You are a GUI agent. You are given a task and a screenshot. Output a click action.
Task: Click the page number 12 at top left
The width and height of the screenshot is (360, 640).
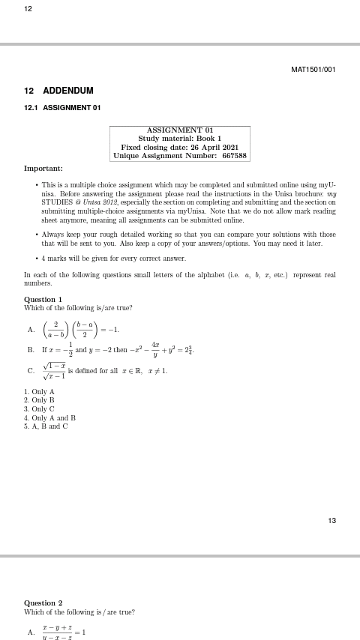(x=28, y=8)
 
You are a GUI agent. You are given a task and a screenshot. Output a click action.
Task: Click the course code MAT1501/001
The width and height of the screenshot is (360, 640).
(x=313, y=70)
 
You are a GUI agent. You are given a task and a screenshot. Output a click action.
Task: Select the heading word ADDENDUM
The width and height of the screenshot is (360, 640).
(x=68, y=91)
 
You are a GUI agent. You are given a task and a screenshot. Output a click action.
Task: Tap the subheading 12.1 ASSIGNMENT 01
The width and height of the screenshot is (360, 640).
(x=62, y=108)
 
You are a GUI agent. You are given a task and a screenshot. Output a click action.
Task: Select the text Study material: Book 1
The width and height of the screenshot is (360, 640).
(x=179, y=139)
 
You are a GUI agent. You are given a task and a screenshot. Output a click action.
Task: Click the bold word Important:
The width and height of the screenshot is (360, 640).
(x=43, y=169)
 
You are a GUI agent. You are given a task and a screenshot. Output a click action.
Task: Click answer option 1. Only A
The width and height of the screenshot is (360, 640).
(x=39, y=392)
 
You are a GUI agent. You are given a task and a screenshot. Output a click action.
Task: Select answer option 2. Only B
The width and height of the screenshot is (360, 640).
(x=39, y=401)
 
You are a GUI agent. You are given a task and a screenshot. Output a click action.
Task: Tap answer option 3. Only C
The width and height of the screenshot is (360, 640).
(x=39, y=409)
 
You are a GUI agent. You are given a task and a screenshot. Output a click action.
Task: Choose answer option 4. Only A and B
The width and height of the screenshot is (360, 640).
(x=49, y=418)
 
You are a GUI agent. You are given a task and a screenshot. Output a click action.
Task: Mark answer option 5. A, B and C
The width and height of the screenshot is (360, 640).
(x=46, y=426)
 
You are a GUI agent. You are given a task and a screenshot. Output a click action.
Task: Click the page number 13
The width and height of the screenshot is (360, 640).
(x=332, y=521)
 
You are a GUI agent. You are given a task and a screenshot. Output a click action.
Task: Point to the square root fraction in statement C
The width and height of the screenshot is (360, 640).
(x=53, y=370)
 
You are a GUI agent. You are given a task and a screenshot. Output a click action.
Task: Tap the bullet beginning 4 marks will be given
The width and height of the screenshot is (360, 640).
(x=113, y=259)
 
